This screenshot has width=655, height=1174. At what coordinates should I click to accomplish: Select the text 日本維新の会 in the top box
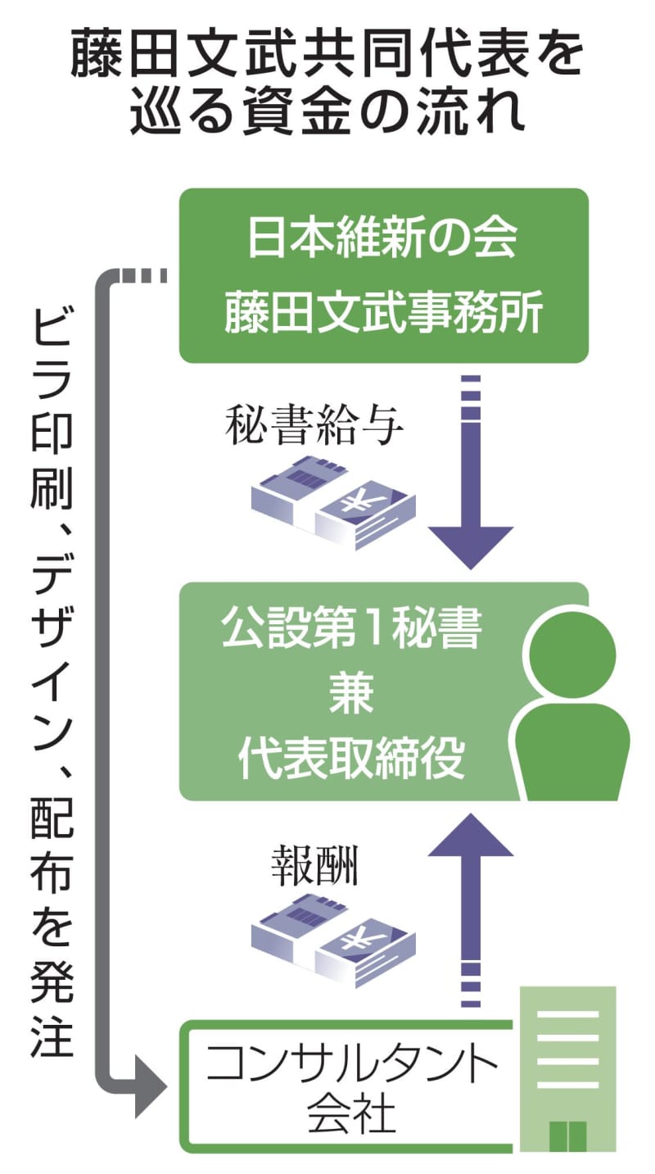point(383,239)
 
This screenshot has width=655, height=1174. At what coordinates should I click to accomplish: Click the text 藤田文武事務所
point(383,314)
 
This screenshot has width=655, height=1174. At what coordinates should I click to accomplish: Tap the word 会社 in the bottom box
point(350,1116)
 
